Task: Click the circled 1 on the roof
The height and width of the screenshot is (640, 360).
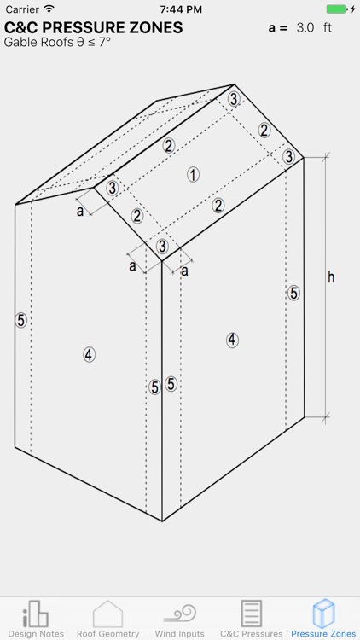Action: click(194, 174)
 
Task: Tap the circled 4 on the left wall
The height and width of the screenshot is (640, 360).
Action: click(89, 354)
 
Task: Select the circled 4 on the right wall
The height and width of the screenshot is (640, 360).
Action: click(232, 339)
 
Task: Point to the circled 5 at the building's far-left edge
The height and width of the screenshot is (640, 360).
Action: click(21, 320)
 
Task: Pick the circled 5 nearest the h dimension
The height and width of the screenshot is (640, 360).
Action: click(293, 293)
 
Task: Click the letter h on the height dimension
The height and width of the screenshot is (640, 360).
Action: click(331, 276)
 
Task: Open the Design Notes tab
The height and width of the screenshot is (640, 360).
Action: click(35, 619)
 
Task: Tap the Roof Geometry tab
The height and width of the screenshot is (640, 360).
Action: click(107, 619)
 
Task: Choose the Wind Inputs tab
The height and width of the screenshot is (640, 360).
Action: click(180, 619)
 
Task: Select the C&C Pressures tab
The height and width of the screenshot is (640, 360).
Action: click(252, 619)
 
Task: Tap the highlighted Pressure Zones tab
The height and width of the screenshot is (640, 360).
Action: click(323, 619)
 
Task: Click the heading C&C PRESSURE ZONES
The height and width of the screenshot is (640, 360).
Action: click(93, 27)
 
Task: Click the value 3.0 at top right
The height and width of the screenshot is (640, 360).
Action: click(305, 27)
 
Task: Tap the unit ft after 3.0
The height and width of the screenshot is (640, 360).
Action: click(327, 27)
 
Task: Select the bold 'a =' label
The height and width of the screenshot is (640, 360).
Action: click(277, 27)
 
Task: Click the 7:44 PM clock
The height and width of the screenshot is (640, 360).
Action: click(180, 9)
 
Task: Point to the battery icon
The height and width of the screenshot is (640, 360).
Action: click(338, 9)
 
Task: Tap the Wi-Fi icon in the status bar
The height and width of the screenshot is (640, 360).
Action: click(49, 9)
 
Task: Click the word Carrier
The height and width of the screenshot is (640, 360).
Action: click(21, 9)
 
